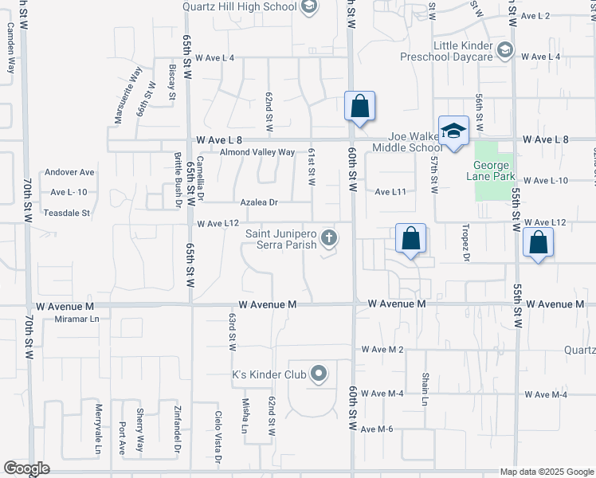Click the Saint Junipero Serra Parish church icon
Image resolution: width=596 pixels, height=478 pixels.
pyautogui.click(x=328, y=238)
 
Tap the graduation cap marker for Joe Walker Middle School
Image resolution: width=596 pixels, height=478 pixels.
pyautogui.click(x=453, y=131)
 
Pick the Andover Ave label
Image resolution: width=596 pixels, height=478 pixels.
pyautogui.click(x=70, y=172)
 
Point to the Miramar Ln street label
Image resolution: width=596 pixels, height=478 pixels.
pyautogui.click(x=76, y=319)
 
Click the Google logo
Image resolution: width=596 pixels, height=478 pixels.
pyautogui.click(x=26, y=468)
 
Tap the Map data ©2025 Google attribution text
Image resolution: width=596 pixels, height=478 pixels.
pyautogui.click(x=546, y=472)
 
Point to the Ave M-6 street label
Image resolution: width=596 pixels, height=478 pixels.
pyautogui.click(x=377, y=429)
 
